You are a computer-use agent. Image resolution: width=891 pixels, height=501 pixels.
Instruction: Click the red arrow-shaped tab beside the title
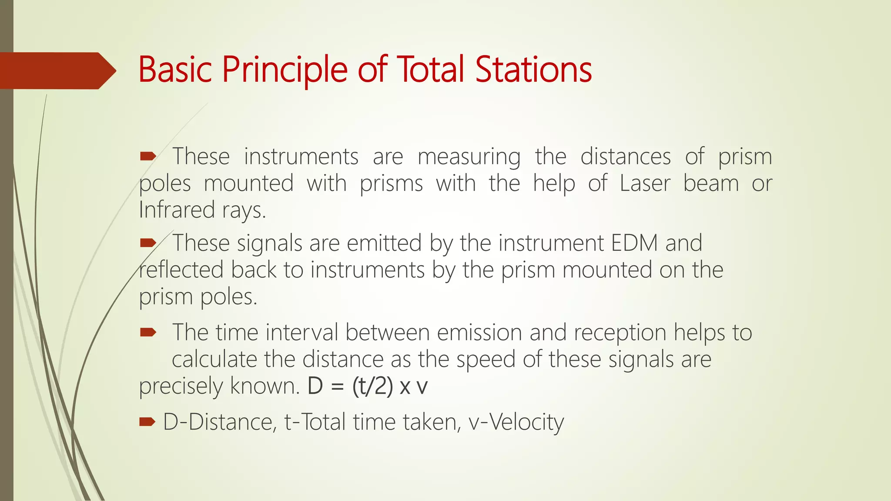click(57, 70)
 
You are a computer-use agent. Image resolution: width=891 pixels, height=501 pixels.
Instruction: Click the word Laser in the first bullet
click(645, 183)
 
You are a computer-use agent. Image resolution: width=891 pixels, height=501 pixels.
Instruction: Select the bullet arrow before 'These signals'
click(148, 243)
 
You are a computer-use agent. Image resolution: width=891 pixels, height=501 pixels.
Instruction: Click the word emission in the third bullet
click(479, 333)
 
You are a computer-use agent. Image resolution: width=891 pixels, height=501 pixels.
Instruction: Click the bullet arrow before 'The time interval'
click(148, 333)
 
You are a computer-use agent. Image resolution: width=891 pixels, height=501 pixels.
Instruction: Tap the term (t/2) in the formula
click(372, 386)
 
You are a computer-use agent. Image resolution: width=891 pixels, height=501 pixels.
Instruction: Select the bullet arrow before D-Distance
click(147, 421)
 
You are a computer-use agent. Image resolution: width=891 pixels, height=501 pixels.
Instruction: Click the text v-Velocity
click(516, 422)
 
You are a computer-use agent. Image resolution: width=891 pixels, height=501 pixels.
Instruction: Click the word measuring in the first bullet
click(469, 157)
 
